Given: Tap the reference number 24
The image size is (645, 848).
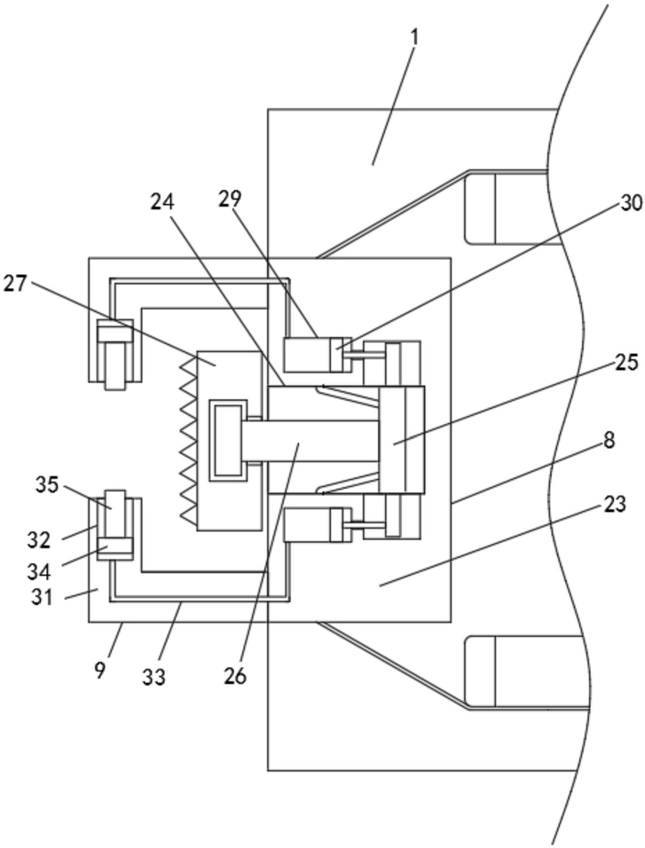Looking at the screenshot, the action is [162, 202].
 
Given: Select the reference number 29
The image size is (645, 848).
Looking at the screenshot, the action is [230, 199].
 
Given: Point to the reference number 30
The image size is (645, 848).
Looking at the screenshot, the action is [631, 203].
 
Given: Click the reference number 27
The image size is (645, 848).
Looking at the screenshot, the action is [15, 283].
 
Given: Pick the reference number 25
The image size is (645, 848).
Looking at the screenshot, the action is [626, 362].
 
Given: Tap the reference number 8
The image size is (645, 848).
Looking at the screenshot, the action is [610, 440].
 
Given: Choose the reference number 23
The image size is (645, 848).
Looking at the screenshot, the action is [614, 505].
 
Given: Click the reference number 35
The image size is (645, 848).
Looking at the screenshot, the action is [47, 485].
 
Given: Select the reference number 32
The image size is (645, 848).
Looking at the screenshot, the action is [40, 539].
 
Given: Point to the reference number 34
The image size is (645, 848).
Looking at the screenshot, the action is [40, 570].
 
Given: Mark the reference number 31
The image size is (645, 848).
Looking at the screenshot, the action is [43, 598].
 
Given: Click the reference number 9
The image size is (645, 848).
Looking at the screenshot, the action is [100, 671].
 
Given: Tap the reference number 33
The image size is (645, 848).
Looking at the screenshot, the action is [154, 677].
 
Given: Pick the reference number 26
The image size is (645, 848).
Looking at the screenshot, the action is [235, 676].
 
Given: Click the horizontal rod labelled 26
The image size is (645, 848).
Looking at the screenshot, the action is [310, 441].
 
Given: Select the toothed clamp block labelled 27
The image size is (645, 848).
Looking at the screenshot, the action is [222, 441].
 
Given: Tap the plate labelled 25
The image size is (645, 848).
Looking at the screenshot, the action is [402, 440].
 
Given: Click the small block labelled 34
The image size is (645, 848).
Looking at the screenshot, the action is [114, 546].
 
